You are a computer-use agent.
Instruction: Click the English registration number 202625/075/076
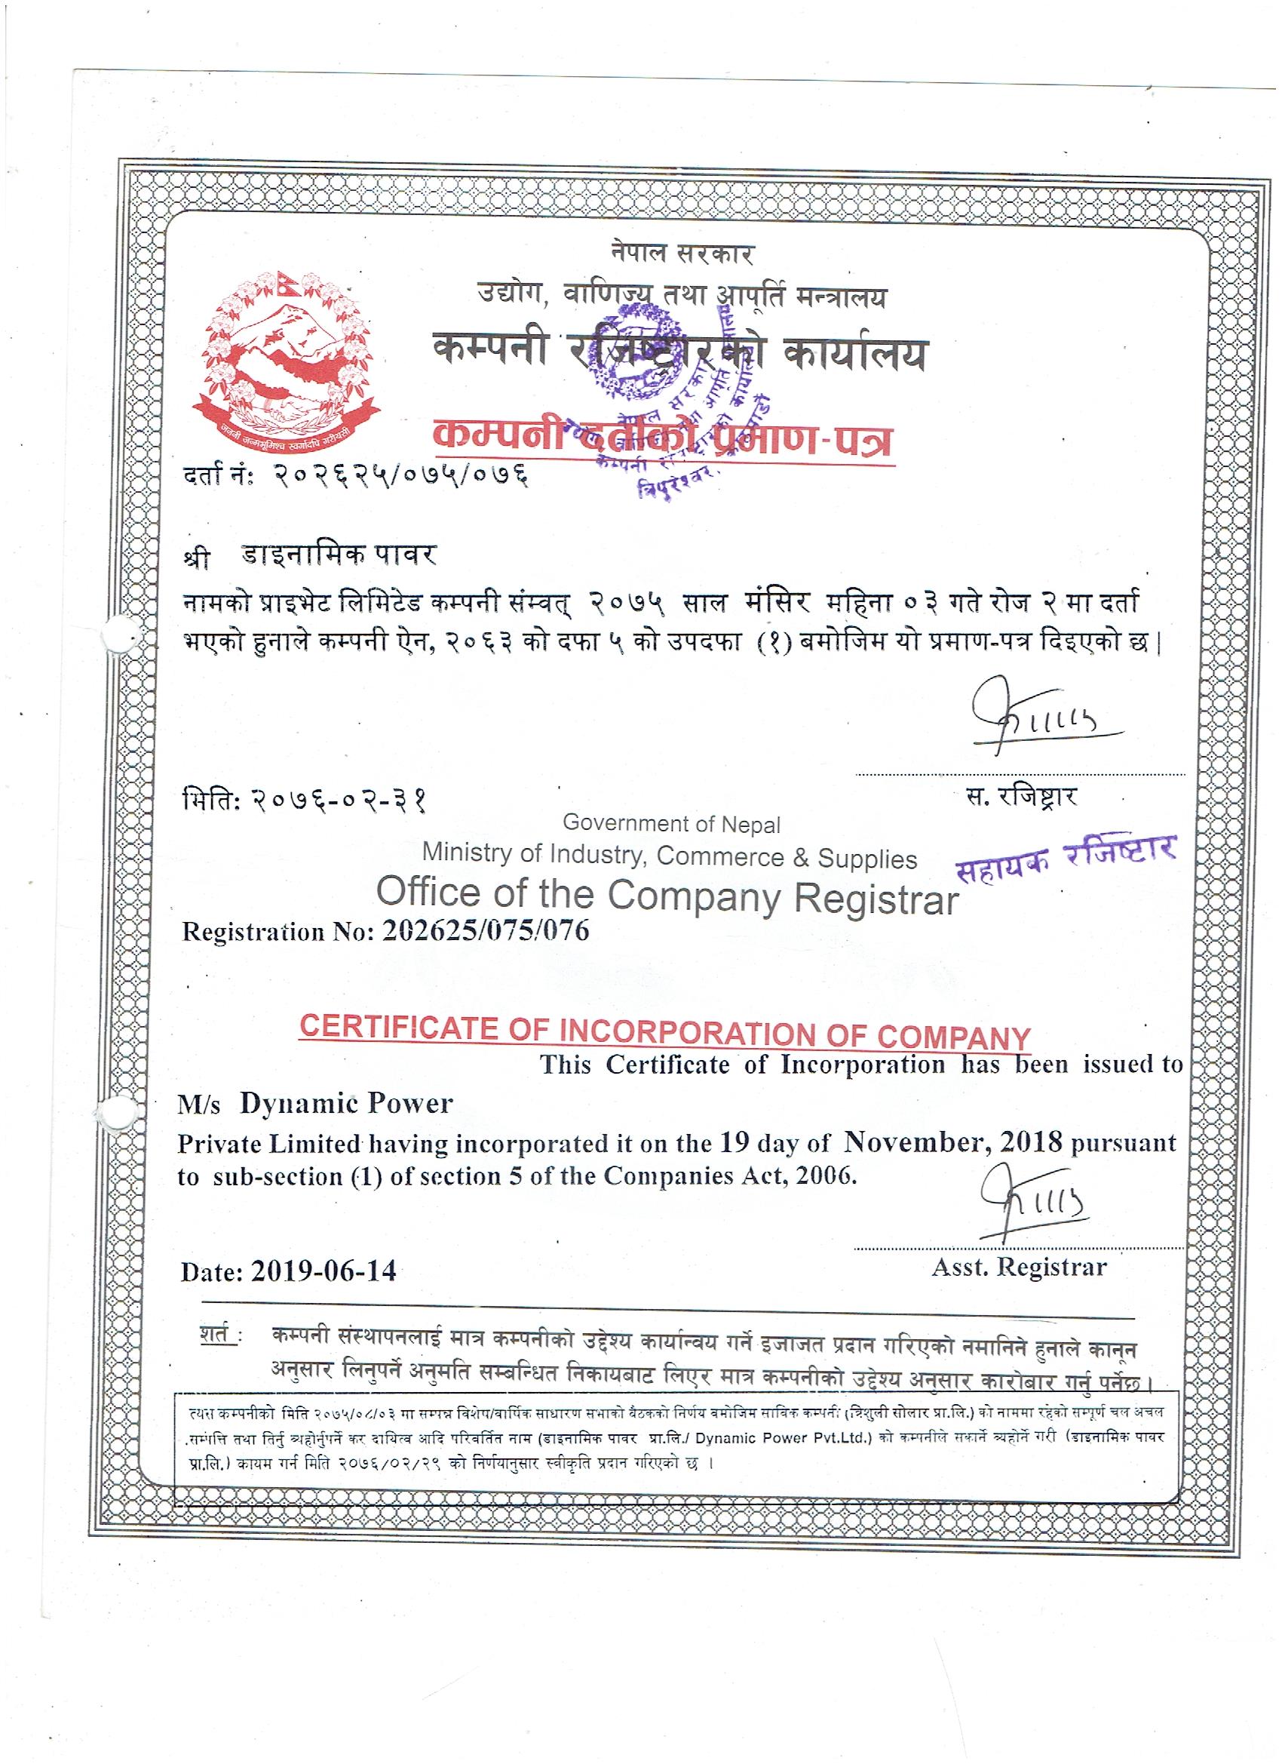coord(486,931)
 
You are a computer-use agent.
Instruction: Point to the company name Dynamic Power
coord(346,1104)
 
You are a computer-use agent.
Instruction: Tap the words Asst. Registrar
coord(1020,1267)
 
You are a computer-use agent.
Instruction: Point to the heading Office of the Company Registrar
coord(668,896)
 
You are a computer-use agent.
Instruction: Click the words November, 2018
coord(953,1142)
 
